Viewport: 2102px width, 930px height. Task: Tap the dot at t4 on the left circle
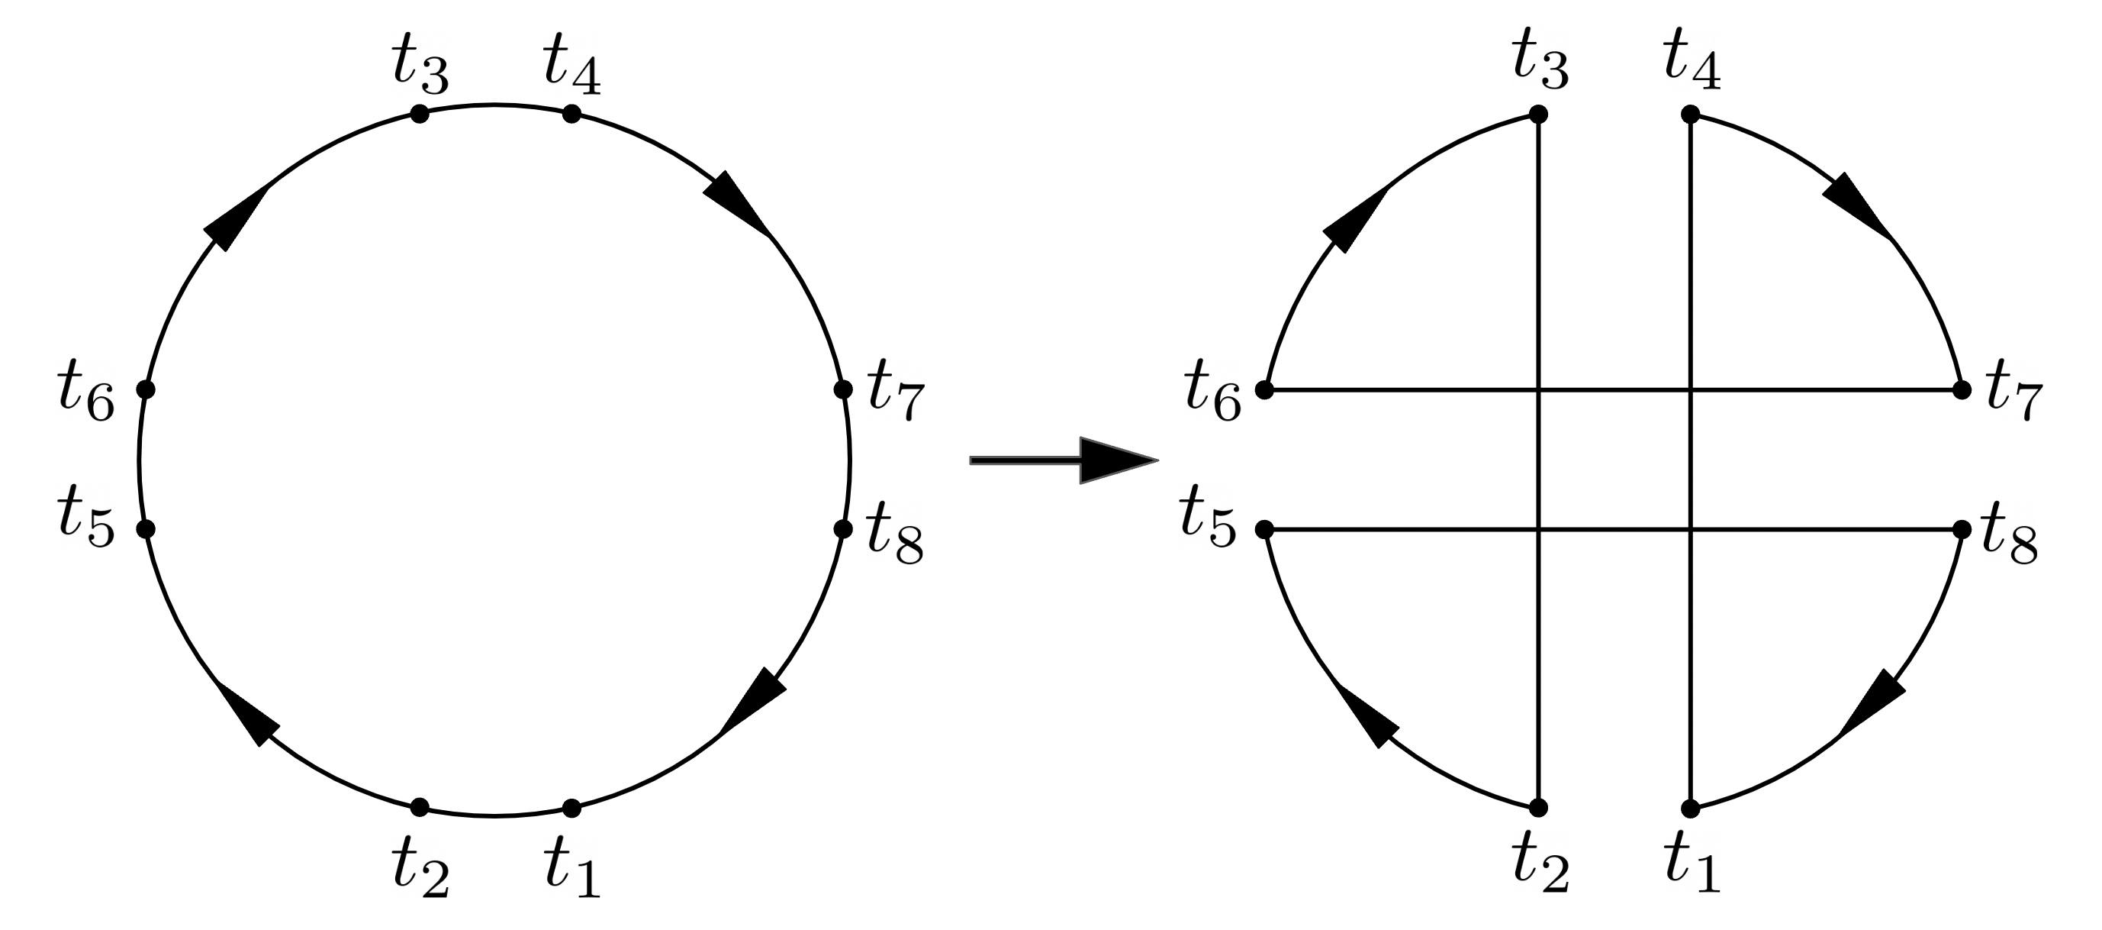572,115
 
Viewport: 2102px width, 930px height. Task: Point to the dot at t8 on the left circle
843,529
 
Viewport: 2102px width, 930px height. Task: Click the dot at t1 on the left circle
572,809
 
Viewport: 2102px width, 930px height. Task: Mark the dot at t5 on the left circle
145,529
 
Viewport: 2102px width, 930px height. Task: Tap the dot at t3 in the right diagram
1538,115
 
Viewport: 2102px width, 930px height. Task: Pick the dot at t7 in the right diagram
1962,390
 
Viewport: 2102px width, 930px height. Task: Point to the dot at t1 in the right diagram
1691,809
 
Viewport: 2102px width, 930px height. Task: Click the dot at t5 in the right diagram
1264,529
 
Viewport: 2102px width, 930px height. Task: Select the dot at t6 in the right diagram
1264,390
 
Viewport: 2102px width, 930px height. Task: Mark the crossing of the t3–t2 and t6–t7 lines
1538,390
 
